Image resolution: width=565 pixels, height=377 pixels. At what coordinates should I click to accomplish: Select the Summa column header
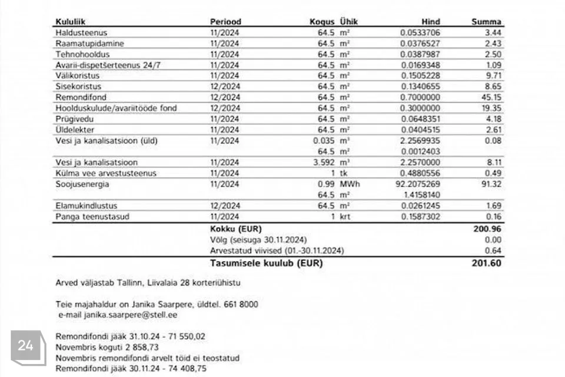pyautogui.click(x=486, y=22)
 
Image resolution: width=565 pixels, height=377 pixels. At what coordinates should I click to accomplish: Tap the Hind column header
pyautogui.click(x=431, y=22)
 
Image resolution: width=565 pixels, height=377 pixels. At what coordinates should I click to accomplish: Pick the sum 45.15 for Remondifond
pyautogui.click(x=491, y=97)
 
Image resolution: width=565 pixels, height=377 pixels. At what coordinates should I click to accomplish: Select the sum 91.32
pyautogui.click(x=491, y=184)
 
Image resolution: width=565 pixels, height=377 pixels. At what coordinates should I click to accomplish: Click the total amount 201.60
pyautogui.click(x=486, y=263)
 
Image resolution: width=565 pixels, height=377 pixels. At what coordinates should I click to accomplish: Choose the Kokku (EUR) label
pyautogui.click(x=235, y=229)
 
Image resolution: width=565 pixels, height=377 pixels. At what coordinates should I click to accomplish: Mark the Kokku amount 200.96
pyautogui.click(x=488, y=229)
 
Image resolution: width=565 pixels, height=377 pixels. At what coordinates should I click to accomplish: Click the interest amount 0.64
pyautogui.click(x=494, y=250)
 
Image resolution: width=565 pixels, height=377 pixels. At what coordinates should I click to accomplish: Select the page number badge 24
pyautogui.click(x=25, y=346)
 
